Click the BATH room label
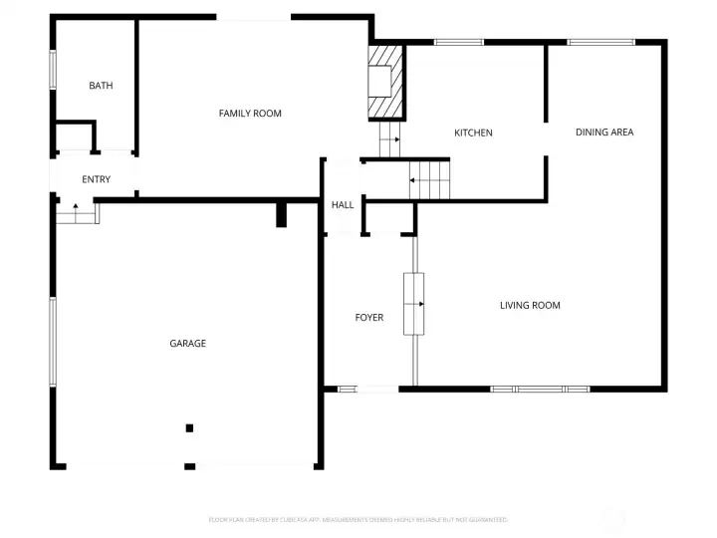pos(101,86)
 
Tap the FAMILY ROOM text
pos(250,114)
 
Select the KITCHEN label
pos(473,133)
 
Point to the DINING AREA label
pos(604,132)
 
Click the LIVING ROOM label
pos(530,305)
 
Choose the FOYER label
pos(369,318)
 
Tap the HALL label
pos(343,205)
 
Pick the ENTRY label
pos(97,179)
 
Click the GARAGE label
pos(187,344)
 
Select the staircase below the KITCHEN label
pos(430,181)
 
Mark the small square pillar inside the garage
pos(189,428)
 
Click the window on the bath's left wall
pos(53,71)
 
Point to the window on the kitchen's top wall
pos(459,42)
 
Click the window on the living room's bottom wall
pos(540,389)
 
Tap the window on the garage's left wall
pos(53,341)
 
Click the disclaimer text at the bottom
pos(358,519)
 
